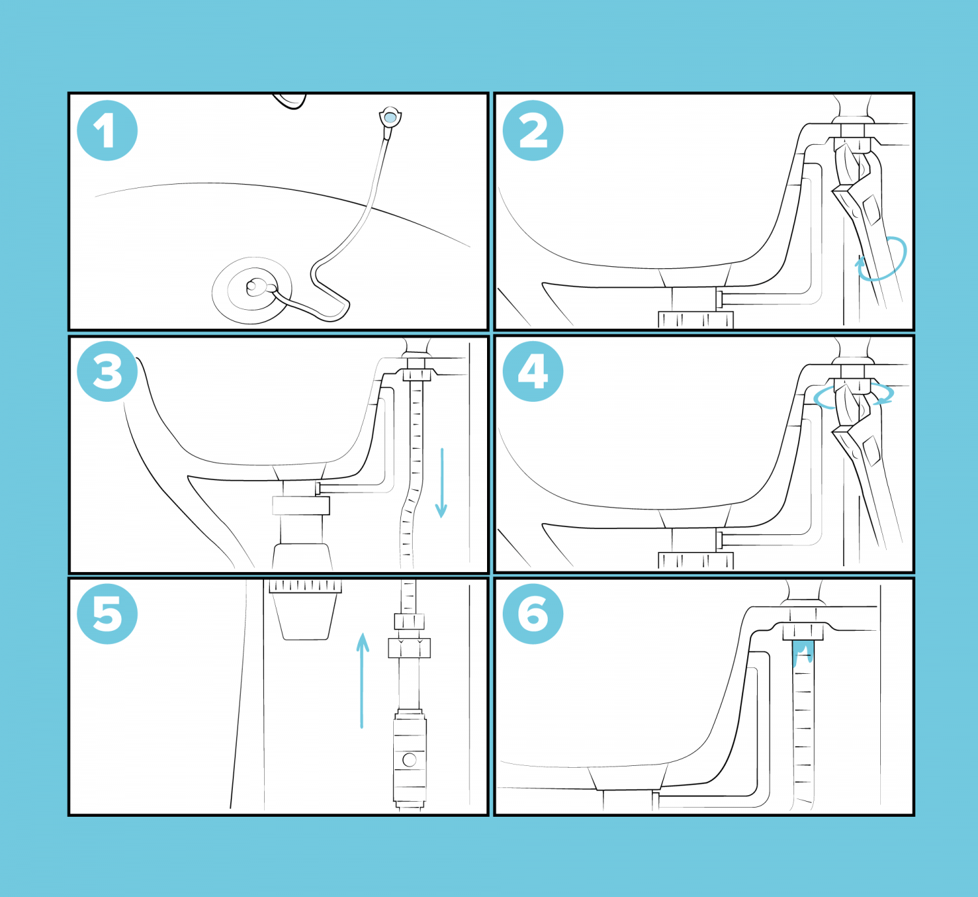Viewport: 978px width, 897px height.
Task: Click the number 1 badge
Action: pos(107,130)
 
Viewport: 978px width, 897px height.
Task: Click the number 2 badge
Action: pos(533,130)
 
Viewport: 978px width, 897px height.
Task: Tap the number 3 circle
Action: pos(107,372)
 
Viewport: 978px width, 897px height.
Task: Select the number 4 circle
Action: pos(533,372)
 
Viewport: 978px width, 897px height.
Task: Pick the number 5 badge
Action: pos(107,614)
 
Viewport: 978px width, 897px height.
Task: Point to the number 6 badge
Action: pos(533,614)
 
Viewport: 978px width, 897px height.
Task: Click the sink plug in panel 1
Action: pos(252,290)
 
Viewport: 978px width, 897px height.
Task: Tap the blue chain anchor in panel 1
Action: pos(390,118)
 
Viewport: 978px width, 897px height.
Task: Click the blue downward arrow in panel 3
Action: pos(441,483)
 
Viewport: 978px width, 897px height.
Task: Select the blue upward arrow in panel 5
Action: pos(363,678)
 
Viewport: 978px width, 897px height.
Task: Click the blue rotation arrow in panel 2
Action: pos(883,260)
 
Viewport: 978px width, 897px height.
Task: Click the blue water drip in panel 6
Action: pos(803,653)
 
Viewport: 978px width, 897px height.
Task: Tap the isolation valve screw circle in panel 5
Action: pos(409,759)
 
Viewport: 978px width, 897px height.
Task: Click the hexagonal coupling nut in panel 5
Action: pos(409,648)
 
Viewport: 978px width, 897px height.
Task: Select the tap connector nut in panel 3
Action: pos(417,375)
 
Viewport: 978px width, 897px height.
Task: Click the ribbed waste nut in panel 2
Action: pos(696,320)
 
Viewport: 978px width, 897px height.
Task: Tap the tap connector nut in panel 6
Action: pos(803,631)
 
